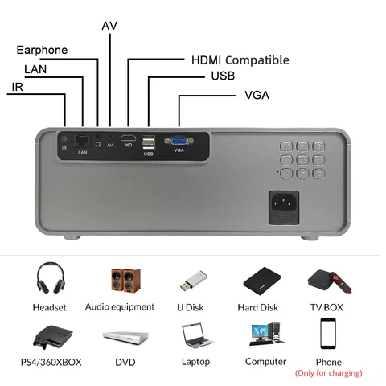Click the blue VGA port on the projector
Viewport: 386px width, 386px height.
[x=179, y=142]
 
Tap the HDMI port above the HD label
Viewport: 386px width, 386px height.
[x=128, y=138]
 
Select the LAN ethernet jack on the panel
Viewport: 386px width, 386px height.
[x=82, y=141]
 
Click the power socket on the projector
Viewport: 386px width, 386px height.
[x=284, y=207]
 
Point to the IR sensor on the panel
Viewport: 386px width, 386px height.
[x=64, y=139]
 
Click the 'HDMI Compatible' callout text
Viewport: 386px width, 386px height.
[x=240, y=60]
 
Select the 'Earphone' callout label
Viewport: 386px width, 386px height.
[x=42, y=50]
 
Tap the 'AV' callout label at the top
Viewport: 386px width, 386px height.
[x=109, y=26]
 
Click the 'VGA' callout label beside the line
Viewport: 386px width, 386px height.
[x=257, y=95]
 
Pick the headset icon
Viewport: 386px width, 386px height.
[x=51, y=279]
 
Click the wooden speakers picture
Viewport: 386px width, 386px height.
[x=125, y=281]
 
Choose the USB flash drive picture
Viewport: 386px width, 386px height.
[x=194, y=281]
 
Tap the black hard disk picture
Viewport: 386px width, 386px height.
[x=262, y=281]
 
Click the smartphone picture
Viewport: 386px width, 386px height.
[x=328, y=334]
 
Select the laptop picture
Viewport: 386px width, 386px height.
[x=197, y=336]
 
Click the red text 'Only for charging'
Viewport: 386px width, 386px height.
[x=329, y=373]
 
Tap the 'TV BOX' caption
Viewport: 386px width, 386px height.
[x=326, y=307]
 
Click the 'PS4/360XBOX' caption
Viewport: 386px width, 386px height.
[x=51, y=362]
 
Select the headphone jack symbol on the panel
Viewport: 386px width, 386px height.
[x=98, y=144]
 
